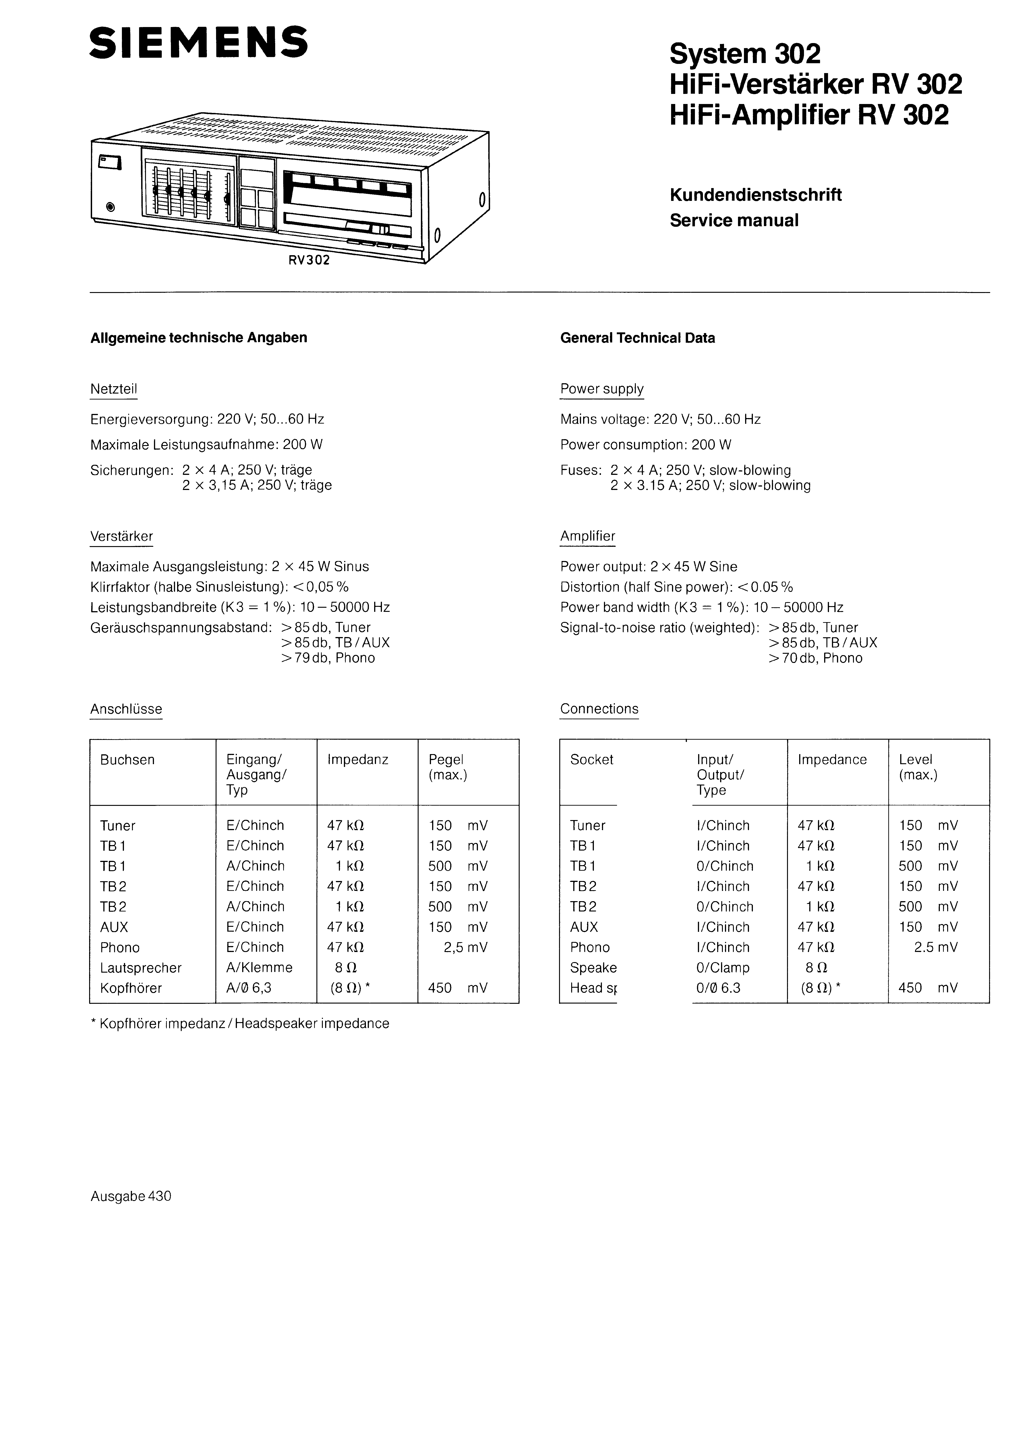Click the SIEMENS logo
pos(198,43)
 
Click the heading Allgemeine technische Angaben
pos(199,338)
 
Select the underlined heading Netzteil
pos(113,389)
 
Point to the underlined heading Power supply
pos(602,389)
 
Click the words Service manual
pos(734,221)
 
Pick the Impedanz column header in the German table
pos(357,760)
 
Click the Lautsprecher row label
pos(140,968)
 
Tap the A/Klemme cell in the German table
pos(259,968)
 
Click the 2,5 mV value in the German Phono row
pos(465,948)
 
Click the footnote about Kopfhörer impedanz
pos(240,1023)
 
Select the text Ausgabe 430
pos(131,1196)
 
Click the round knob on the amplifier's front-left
pos(111,207)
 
